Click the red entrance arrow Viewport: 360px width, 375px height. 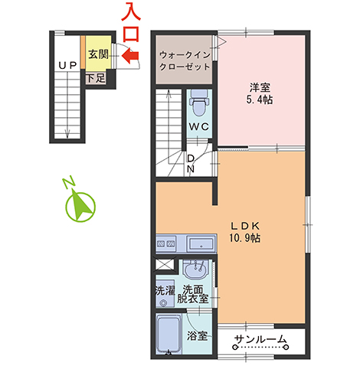(128, 55)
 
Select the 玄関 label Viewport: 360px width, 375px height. (97, 54)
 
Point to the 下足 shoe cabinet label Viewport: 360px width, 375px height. (95, 77)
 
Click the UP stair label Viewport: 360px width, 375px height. (66, 67)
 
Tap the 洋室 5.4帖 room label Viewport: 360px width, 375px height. (262, 93)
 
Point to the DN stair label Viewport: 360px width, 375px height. (192, 161)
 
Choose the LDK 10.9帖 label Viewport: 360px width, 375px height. (247, 231)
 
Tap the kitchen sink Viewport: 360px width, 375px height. (201, 245)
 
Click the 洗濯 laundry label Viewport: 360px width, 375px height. (165, 291)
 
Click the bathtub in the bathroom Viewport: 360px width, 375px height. (169, 334)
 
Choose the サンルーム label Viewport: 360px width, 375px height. (260, 340)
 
